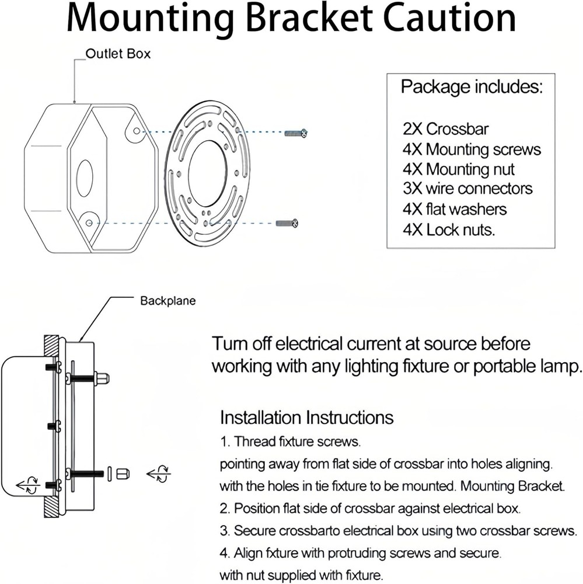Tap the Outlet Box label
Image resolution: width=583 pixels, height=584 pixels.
click(118, 54)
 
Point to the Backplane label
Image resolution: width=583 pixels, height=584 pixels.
click(168, 301)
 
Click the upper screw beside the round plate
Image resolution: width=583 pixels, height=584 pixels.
click(296, 134)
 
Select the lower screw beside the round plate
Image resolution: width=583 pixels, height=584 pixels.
click(287, 223)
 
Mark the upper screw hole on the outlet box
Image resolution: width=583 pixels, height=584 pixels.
click(137, 131)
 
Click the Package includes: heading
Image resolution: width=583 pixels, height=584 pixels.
click(472, 88)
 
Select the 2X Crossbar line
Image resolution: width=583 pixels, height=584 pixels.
click(445, 129)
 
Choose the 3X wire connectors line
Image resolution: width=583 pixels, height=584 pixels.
click(467, 189)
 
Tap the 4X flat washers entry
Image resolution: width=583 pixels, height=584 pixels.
click(455, 209)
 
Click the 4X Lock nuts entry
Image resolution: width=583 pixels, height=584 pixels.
click(449, 230)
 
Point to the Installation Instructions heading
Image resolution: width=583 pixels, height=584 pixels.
click(306, 418)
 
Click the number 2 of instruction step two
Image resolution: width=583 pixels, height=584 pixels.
click(224, 507)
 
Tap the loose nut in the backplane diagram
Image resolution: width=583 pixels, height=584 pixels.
click(123, 474)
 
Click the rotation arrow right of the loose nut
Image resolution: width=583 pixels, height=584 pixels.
click(158, 473)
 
